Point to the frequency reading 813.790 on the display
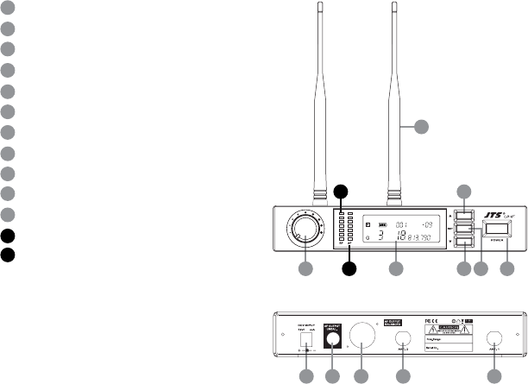pyautogui.click(x=418, y=236)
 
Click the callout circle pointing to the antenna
pyautogui.click(x=420, y=128)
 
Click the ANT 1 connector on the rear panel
pyautogui.click(x=494, y=339)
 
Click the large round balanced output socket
pyautogui.click(x=362, y=337)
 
